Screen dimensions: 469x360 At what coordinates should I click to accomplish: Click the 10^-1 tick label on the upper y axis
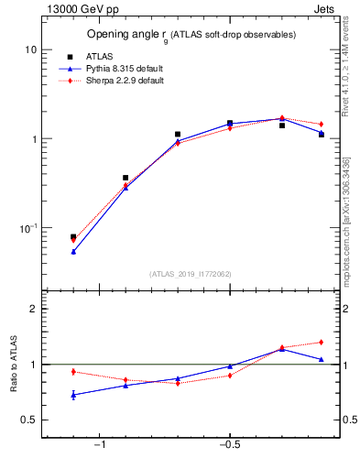pos(27,228)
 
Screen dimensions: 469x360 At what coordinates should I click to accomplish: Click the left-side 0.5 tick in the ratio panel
pos(28,420)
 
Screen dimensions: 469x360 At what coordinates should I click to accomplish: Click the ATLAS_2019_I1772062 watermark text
pos(191,274)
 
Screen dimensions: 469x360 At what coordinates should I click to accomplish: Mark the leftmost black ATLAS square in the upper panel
pos(73,237)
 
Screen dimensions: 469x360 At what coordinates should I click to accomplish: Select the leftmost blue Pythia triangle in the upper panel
pos(73,251)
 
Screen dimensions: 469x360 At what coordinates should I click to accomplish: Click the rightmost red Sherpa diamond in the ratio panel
pos(322,343)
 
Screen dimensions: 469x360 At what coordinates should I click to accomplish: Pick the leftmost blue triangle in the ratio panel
pos(73,395)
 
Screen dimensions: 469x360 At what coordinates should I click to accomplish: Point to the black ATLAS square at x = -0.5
pos(230,122)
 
